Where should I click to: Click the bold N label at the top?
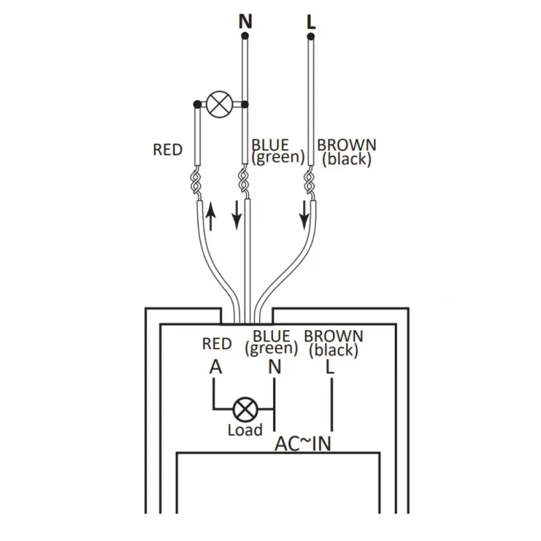coord(245,22)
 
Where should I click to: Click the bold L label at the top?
coord(311,22)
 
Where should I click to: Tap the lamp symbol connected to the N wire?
coord(219,104)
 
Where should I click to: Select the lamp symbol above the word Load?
coord(245,409)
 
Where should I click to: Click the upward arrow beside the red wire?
coord(210,216)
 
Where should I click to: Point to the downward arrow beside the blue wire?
coord(237,215)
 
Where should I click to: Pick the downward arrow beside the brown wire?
coord(304,215)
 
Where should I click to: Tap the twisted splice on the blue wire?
coord(243,182)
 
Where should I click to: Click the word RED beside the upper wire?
coord(167,150)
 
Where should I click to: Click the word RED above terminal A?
coord(216,344)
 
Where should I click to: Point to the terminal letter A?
coord(216,367)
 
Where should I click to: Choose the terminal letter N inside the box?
coord(275,367)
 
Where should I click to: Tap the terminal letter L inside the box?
coord(330,367)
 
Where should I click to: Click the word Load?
coord(245,430)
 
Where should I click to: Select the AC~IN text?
coord(303,444)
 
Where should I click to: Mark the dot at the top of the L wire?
coord(311,37)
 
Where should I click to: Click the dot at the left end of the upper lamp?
coord(197,104)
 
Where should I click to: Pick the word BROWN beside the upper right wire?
coord(347,145)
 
